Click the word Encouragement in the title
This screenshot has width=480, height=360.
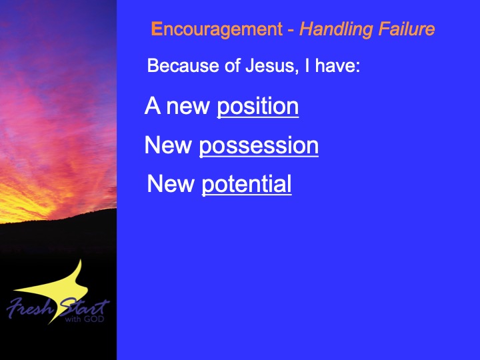tap(217, 30)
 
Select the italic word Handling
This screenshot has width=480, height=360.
tap(336, 30)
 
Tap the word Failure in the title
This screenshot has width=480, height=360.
tap(407, 29)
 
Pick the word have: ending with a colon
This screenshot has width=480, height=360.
tap(337, 65)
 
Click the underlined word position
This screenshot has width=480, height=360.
tap(258, 107)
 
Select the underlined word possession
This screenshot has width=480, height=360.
tap(259, 147)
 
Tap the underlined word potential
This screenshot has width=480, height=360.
tap(247, 185)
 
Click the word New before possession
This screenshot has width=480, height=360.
tap(168, 145)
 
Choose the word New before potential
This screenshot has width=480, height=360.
tap(171, 183)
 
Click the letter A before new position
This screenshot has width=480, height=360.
tap(153, 105)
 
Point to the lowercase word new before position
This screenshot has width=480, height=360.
tap(187, 108)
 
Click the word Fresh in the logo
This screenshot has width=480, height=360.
tap(30, 307)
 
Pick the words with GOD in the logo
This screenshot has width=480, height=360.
tap(85, 319)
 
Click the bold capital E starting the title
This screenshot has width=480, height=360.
tap(157, 29)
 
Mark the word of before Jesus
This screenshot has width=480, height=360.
tap(232, 65)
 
